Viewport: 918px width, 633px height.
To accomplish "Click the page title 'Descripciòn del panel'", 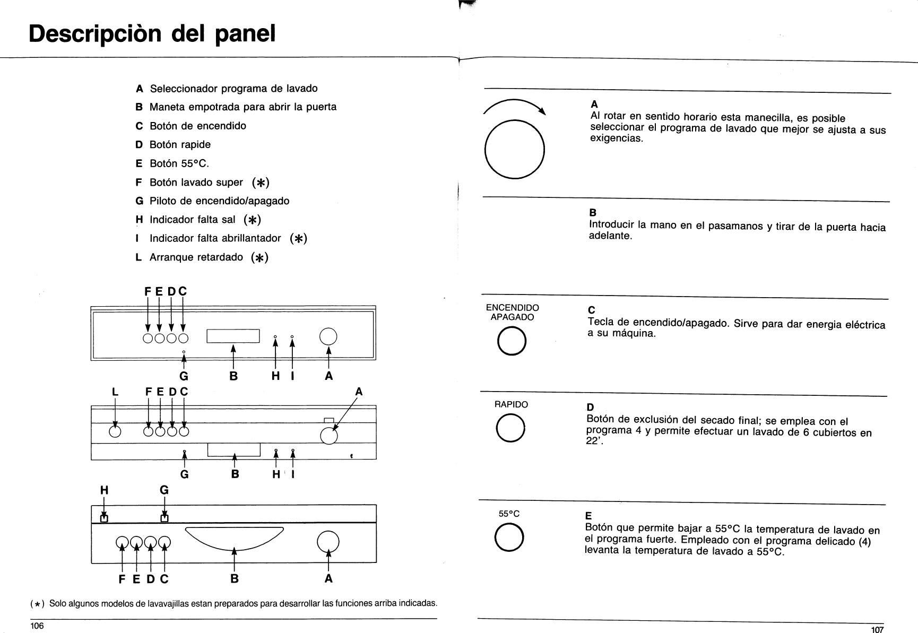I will (x=152, y=33).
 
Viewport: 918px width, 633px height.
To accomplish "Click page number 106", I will (x=37, y=626).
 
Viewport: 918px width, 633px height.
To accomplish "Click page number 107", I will (x=877, y=629).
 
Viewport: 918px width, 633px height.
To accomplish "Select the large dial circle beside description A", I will (x=515, y=149).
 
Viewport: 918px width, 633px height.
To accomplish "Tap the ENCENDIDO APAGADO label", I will (x=512, y=313).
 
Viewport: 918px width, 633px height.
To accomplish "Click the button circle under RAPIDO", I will (x=510, y=429).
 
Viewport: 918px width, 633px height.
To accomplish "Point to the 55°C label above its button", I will (x=509, y=514).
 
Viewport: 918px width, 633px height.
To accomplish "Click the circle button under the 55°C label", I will (x=509, y=537).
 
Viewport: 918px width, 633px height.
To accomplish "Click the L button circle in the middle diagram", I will (x=115, y=431).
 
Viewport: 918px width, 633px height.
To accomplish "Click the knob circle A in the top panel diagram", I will (x=329, y=336).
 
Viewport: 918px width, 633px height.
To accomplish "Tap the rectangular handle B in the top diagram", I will (x=233, y=336).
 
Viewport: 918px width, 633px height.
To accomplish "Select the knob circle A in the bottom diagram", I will (x=328, y=541).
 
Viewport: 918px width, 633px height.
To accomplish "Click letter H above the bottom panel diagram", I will (x=104, y=491).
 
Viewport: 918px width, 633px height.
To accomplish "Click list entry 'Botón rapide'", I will (x=180, y=144).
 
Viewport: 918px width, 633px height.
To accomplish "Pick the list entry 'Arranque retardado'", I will (x=196, y=257).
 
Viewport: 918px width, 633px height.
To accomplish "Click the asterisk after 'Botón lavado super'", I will (x=261, y=183).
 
